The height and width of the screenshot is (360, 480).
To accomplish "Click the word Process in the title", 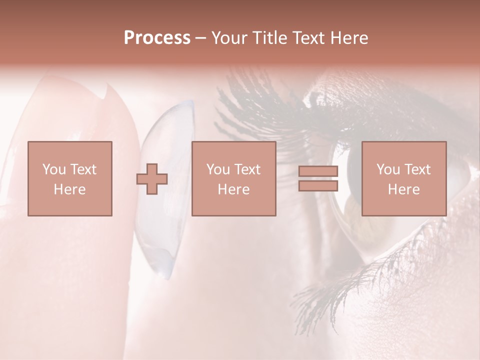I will [157, 38].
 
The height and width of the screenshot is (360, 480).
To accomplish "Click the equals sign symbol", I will [318, 178].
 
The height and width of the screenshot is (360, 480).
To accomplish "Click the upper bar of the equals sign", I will [318, 171].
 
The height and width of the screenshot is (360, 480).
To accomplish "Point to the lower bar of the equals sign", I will [318, 186].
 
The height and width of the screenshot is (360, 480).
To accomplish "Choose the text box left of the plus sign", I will [69, 178].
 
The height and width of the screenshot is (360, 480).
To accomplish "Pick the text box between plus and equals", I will [233, 178].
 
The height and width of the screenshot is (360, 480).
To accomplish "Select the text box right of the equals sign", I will [403, 178].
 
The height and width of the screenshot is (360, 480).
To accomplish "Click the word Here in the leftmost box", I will [69, 189].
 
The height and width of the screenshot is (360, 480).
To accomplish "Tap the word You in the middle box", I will [218, 169].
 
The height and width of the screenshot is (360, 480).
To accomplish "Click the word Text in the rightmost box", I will [418, 169].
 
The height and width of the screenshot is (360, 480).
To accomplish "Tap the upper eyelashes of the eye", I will [260, 105].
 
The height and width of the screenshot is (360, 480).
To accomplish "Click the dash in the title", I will [200, 38].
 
